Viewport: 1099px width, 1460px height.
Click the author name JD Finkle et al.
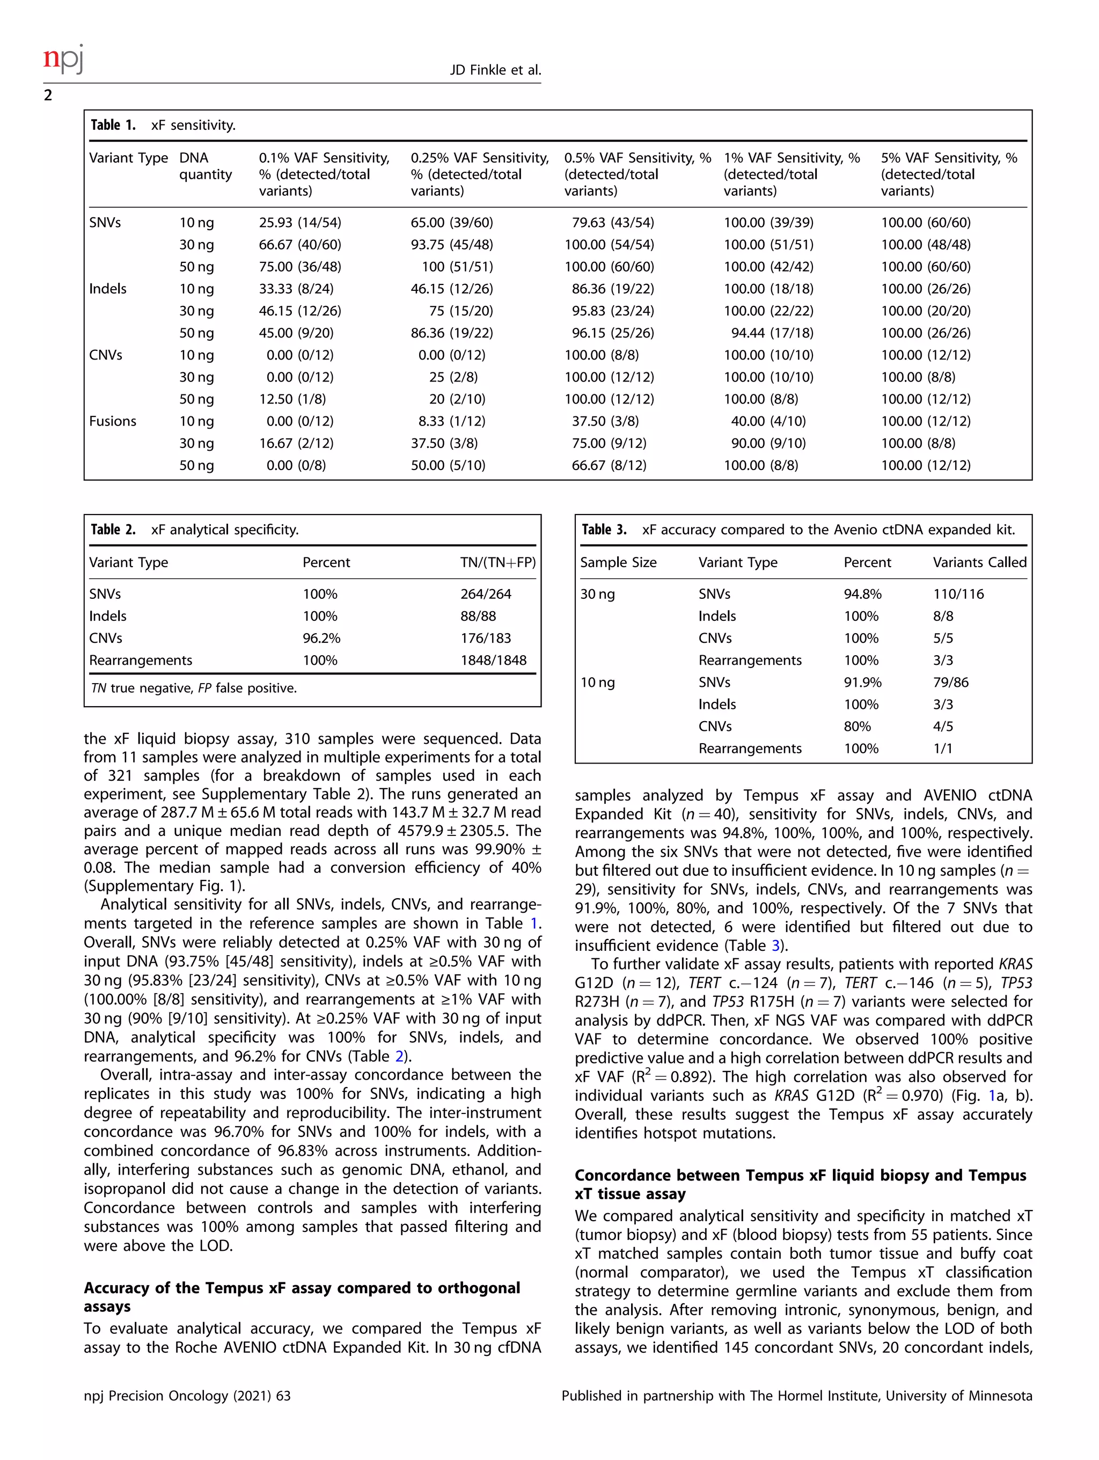point(495,70)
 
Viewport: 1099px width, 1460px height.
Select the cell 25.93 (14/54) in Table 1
point(299,223)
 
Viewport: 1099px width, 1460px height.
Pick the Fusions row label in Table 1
point(112,421)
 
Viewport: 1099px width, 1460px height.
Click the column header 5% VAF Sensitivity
point(949,174)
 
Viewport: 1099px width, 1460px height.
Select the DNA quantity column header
point(206,166)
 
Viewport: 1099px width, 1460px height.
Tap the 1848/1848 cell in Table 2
point(493,660)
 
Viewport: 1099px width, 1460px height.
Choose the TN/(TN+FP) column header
point(497,562)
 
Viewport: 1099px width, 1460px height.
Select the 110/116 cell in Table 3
point(958,594)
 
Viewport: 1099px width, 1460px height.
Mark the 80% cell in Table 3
point(857,726)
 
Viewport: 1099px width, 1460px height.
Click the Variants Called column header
point(979,562)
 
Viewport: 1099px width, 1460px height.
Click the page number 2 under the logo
point(48,96)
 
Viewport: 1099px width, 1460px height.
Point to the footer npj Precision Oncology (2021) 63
point(187,1395)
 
